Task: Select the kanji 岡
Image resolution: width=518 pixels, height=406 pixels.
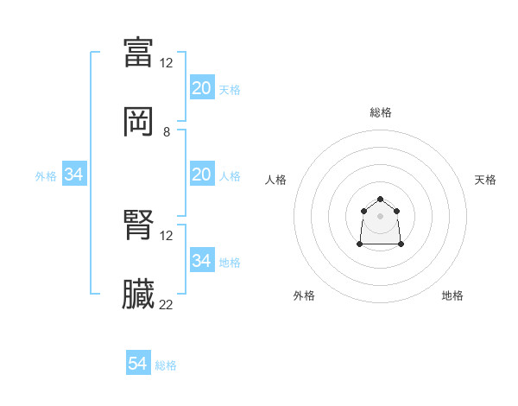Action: (x=138, y=123)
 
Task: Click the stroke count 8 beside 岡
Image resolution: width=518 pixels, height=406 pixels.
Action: (x=167, y=132)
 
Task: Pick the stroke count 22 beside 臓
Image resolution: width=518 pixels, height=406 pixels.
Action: (x=167, y=305)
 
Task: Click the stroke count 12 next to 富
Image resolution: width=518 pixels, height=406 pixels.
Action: (x=167, y=62)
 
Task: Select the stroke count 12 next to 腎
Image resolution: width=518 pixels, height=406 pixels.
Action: (x=167, y=235)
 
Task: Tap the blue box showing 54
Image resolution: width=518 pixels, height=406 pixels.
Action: (x=138, y=364)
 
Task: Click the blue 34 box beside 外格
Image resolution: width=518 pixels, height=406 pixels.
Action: (x=74, y=174)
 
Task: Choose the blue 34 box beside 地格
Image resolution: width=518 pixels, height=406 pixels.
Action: (x=202, y=261)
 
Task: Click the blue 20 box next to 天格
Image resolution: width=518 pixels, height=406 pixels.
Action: (x=202, y=88)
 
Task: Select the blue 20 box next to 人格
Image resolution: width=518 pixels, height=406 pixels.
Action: (x=202, y=174)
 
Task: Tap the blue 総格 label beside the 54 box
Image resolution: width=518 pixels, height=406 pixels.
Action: (x=166, y=365)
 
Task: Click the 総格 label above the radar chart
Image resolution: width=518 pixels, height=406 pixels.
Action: (x=381, y=112)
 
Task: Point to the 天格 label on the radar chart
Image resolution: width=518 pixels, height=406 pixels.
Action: (x=485, y=180)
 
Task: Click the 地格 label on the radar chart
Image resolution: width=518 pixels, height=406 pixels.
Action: (x=452, y=295)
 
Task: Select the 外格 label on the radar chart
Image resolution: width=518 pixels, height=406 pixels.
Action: (x=304, y=295)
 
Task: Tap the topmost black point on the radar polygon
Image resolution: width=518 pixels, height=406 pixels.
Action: (x=381, y=200)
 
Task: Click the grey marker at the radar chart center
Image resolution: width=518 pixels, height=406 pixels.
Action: (x=381, y=215)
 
